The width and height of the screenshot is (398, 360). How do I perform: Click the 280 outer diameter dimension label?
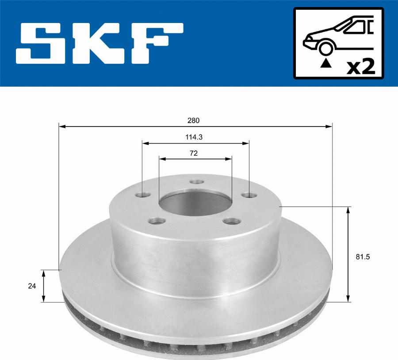click(x=193, y=120)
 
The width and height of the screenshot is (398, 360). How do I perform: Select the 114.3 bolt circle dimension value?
click(x=194, y=138)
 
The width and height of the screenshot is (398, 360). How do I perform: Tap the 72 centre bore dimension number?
click(x=193, y=153)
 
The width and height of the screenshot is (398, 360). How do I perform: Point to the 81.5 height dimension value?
click(x=363, y=257)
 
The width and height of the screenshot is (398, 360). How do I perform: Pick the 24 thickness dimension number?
click(x=32, y=286)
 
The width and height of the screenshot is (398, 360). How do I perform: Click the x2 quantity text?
click(x=361, y=66)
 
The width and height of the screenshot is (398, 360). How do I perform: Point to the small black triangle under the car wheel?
click(x=326, y=64)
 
